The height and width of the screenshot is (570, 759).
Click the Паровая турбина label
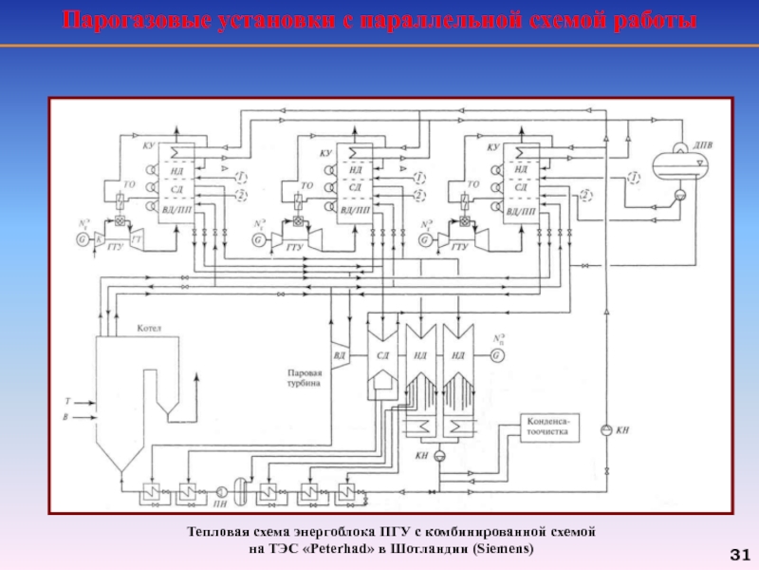pos(305,379)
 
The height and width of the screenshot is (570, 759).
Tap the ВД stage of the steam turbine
pos(339,355)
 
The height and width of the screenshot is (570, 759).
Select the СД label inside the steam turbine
pos(383,354)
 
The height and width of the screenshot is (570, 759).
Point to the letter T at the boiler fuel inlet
pos(66,400)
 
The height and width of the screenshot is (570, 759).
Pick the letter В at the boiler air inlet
pos(65,417)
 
